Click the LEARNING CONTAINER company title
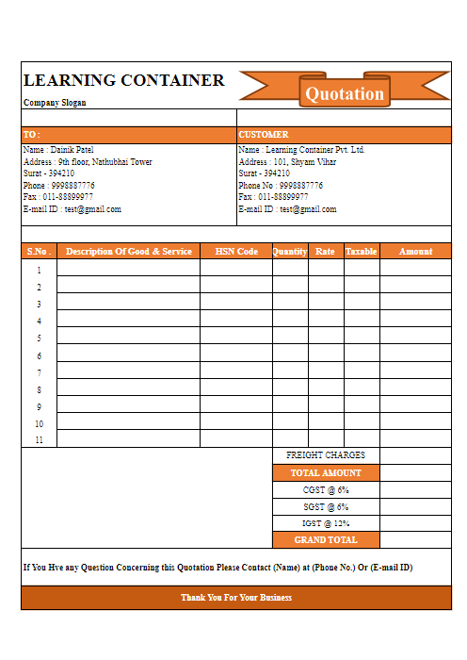click(x=124, y=80)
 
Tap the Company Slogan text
click(x=55, y=102)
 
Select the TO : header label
click(x=32, y=135)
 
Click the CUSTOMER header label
click(x=264, y=135)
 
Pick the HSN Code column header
click(x=236, y=252)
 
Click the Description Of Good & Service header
click(x=129, y=252)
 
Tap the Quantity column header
click(x=290, y=252)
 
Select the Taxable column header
click(x=362, y=252)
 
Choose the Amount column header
click(x=415, y=252)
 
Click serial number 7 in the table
click(x=39, y=372)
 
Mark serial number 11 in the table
click(x=39, y=440)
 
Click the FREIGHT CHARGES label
click(x=326, y=455)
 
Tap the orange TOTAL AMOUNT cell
click(x=326, y=472)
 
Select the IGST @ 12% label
click(x=326, y=523)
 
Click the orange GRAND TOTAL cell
click(x=326, y=540)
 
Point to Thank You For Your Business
click(x=236, y=598)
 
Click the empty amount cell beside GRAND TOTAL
click(x=415, y=540)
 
